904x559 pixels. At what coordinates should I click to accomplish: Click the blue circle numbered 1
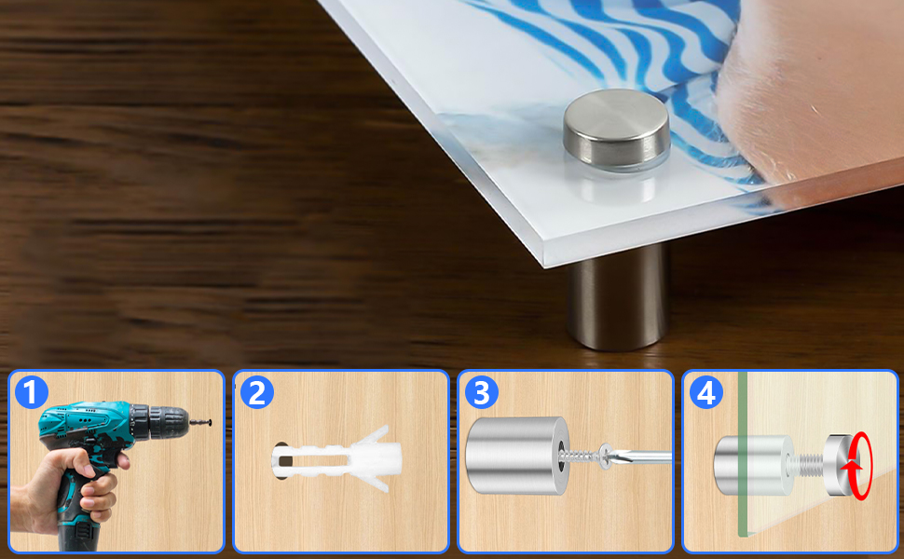[31, 392]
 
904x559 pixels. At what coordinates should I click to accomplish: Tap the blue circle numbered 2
[256, 392]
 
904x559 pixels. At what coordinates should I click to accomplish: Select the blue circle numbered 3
[482, 392]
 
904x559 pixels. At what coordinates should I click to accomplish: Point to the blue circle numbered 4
[706, 392]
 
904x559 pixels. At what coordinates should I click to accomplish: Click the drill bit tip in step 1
[210, 422]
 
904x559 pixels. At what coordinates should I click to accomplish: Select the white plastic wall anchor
[336, 458]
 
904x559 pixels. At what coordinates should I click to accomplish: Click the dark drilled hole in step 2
[281, 460]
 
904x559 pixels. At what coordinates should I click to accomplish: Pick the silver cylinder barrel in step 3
[517, 456]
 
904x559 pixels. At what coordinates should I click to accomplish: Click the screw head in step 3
[606, 456]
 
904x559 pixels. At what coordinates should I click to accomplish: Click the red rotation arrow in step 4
[859, 466]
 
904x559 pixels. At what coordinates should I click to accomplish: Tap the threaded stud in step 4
[808, 463]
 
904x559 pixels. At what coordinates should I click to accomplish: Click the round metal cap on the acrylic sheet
[616, 130]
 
